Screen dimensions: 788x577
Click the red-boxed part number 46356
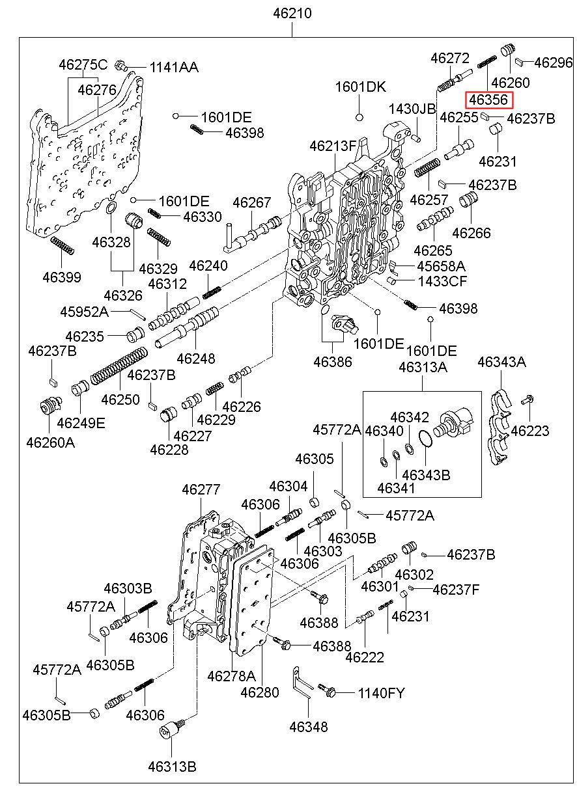tap(488, 100)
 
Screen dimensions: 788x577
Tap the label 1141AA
tap(174, 67)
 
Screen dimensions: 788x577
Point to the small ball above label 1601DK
tap(359, 117)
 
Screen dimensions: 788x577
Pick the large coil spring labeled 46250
tap(118, 368)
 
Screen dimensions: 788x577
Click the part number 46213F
tap(333, 146)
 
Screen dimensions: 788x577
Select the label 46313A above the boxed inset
tap(423, 368)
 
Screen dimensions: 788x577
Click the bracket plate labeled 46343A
tap(500, 426)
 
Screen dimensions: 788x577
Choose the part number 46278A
tap(231, 676)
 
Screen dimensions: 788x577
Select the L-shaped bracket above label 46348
tap(301, 685)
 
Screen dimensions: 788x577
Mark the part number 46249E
tap(81, 424)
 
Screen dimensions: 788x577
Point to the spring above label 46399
tap(63, 247)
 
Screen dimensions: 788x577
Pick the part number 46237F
tap(456, 590)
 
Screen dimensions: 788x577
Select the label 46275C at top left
tap(83, 65)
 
